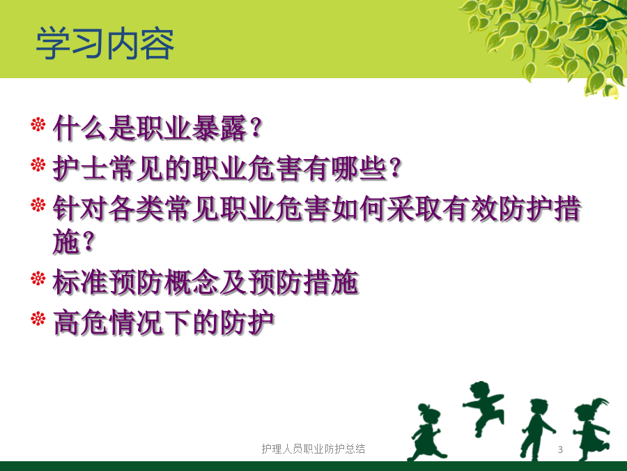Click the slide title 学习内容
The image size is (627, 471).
pyautogui.click(x=105, y=44)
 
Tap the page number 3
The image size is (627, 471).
pyautogui.click(x=560, y=449)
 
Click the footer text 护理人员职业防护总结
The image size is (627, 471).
pyautogui.click(x=313, y=449)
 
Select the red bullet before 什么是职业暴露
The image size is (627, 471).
pyautogui.click(x=38, y=124)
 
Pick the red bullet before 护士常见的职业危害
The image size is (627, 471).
pyautogui.click(x=38, y=164)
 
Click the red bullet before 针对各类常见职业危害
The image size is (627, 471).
pyautogui.click(x=38, y=204)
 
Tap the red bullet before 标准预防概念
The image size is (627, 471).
pyautogui.click(x=38, y=278)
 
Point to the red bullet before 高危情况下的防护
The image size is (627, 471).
pyautogui.click(x=38, y=319)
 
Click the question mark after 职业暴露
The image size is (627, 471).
pyautogui.click(x=256, y=128)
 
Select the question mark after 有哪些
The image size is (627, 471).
pyautogui.click(x=395, y=168)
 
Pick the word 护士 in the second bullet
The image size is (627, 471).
pyautogui.click(x=80, y=168)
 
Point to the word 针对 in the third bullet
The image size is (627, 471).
pyautogui.click(x=80, y=209)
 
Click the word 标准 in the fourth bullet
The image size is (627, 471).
pyautogui.click(x=80, y=283)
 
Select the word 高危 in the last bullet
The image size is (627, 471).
pyautogui.click(x=80, y=323)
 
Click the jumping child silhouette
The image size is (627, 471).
pyautogui.click(x=483, y=407)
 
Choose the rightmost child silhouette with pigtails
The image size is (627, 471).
pyautogui.click(x=591, y=428)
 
